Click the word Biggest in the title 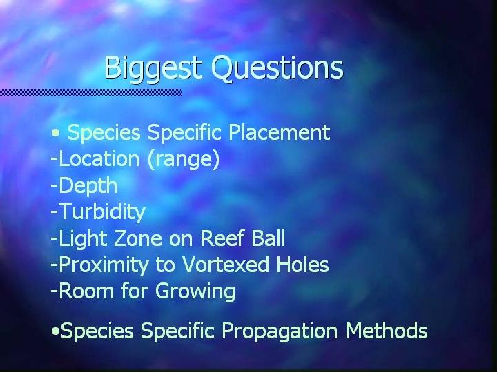pyautogui.click(x=153, y=68)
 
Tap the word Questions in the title pyautogui.click(x=277, y=68)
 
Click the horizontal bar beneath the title pyautogui.click(x=90, y=92)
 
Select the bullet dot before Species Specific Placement pyautogui.click(x=55, y=133)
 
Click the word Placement pyautogui.click(x=280, y=132)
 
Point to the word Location pyautogui.click(x=99, y=158)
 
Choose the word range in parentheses pyautogui.click(x=184, y=160)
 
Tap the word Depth pyautogui.click(x=88, y=186)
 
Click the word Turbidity pyautogui.click(x=102, y=212)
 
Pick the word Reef pyautogui.click(x=222, y=238)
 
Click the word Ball pyautogui.click(x=269, y=238)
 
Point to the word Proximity pyautogui.click(x=104, y=265)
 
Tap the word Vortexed pyautogui.click(x=225, y=265)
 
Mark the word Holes pyautogui.click(x=302, y=265)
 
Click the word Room pyautogui.click(x=86, y=291)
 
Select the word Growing pyautogui.click(x=195, y=292)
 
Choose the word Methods pyautogui.click(x=387, y=331)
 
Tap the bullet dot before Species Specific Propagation pyautogui.click(x=55, y=331)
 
